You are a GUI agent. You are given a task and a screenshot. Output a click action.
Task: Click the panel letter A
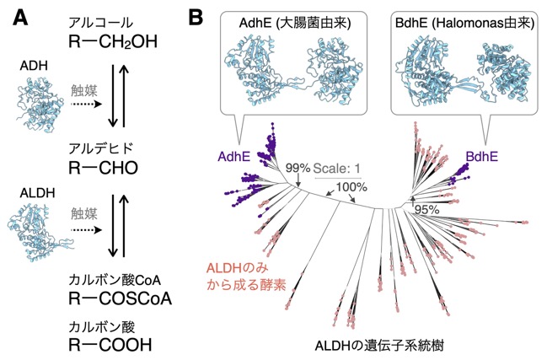pyautogui.click(x=20, y=18)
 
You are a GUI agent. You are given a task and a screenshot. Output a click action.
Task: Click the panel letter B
pyautogui.click(x=196, y=18)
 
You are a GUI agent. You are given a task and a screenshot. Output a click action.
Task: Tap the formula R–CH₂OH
pyautogui.click(x=113, y=42)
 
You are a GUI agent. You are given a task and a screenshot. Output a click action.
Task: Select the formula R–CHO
pyautogui.click(x=104, y=168)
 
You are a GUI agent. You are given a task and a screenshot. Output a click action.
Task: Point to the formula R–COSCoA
pyautogui.click(x=120, y=298)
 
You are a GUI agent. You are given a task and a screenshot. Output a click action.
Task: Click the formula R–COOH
pyautogui.click(x=110, y=345)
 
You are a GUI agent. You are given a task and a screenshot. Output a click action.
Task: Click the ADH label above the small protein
pyautogui.click(x=34, y=66)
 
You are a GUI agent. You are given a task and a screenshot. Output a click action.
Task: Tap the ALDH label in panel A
pyautogui.click(x=37, y=193)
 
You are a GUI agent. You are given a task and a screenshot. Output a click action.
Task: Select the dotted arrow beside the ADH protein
pyautogui.click(x=86, y=105)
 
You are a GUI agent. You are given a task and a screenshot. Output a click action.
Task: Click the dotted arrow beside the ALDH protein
pyautogui.click(x=86, y=230)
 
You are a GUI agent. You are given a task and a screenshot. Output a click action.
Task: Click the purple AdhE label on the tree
pyautogui.click(x=234, y=157)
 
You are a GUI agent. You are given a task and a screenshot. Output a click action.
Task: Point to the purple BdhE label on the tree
pyautogui.click(x=482, y=157)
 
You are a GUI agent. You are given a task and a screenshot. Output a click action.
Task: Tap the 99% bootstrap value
pyautogui.click(x=298, y=168)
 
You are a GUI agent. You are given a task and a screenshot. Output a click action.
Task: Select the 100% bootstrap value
pyautogui.click(x=351, y=187)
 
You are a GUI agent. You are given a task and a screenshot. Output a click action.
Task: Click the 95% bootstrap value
pyautogui.click(x=426, y=209)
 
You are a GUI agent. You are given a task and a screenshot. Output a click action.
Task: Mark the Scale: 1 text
pyautogui.click(x=336, y=169)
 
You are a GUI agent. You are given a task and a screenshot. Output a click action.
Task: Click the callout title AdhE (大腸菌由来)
pyautogui.click(x=295, y=23)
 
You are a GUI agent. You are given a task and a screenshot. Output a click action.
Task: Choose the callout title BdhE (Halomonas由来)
pyautogui.click(x=464, y=23)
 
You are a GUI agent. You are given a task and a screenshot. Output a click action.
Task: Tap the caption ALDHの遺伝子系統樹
pyautogui.click(x=379, y=346)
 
